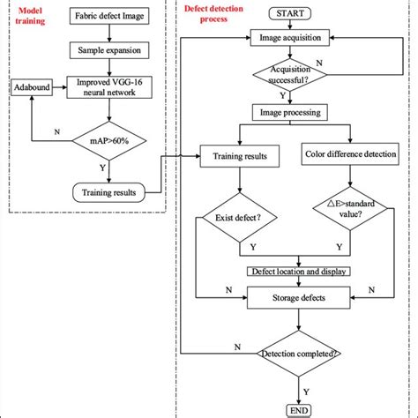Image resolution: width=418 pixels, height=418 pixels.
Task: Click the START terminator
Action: [291, 14]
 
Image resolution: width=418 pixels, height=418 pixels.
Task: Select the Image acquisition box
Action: [291, 38]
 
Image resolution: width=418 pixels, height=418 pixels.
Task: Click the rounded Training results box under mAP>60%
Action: [108, 190]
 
